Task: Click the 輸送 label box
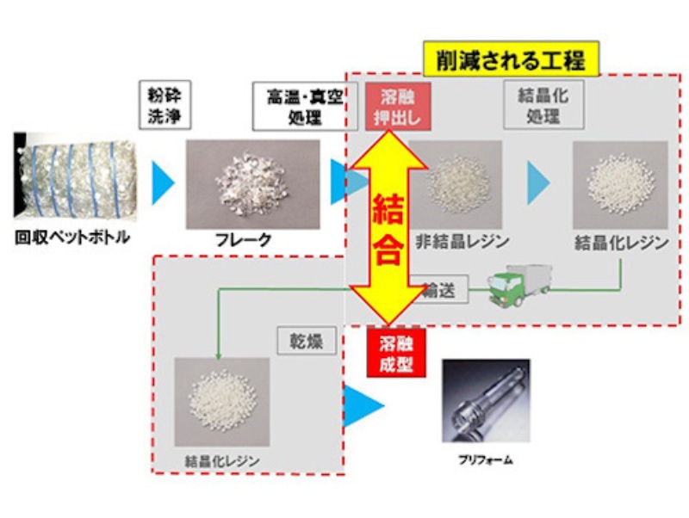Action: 440,291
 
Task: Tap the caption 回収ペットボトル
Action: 72,237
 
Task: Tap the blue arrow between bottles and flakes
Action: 162,183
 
